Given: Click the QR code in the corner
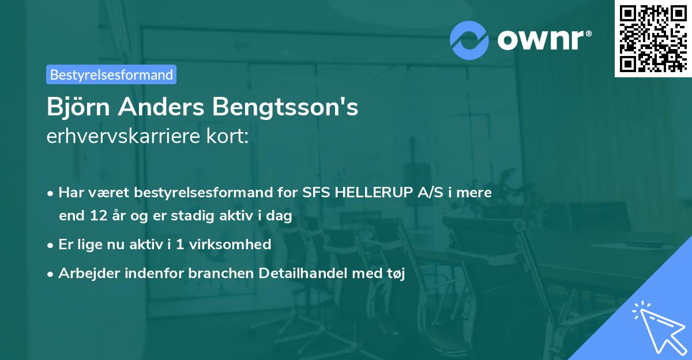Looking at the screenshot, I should click(653, 39).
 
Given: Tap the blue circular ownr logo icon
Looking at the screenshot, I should click(469, 40).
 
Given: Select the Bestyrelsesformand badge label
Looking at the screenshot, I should click(111, 74).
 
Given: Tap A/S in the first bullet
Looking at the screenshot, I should click(430, 193).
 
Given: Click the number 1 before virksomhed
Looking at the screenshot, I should click(180, 245).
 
